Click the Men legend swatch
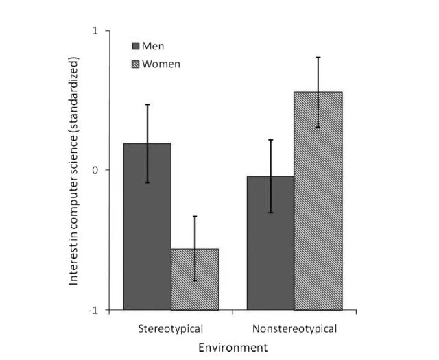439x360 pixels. (x=136, y=46)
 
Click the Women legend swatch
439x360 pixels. (x=136, y=64)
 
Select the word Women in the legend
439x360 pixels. (x=161, y=64)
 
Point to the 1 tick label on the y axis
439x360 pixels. (x=96, y=31)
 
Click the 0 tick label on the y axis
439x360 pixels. (x=96, y=170)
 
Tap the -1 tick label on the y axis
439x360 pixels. (x=94, y=310)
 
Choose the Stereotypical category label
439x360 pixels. (x=171, y=328)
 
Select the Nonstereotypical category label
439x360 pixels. (x=294, y=328)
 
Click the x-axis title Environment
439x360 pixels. (x=233, y=348)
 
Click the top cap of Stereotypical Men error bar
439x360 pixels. (x=147, y=104)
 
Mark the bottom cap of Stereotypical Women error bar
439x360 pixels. (x=195, y=281)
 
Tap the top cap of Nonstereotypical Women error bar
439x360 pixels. (x=318, y=57)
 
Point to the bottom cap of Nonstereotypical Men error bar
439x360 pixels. (x=270, y=213)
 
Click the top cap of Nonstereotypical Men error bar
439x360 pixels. (x=270, y=139)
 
